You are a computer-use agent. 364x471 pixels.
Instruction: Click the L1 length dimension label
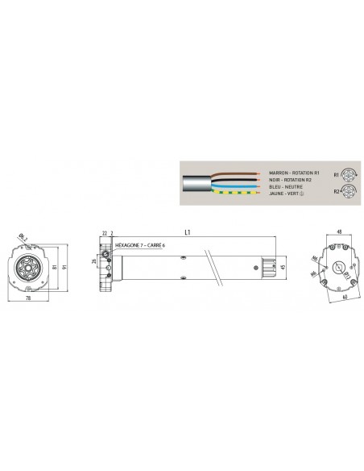pyautogui.click(x=188, y=231)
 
